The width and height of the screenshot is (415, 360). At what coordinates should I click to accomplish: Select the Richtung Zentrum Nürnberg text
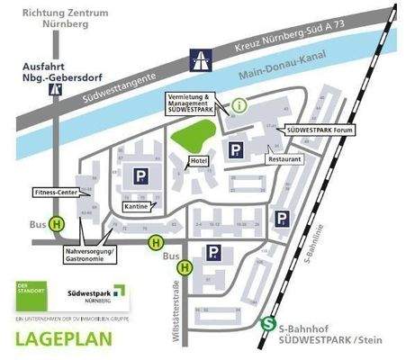click(58, 18)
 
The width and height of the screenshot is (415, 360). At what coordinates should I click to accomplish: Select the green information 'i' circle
click(239, 105)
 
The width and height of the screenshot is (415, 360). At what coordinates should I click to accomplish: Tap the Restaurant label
click(282, 158)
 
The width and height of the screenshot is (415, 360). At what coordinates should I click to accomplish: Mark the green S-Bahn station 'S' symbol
click(267, 326)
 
